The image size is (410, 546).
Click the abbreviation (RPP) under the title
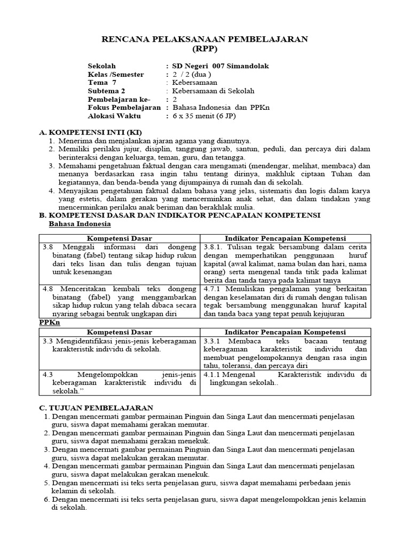(205, 49)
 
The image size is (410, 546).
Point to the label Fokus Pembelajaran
(124, 108)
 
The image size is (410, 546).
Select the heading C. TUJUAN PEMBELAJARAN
(97, 407)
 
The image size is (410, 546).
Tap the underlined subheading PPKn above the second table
(50, 323)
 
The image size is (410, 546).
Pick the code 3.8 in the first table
(48, 247)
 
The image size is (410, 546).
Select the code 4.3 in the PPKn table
(48, 374)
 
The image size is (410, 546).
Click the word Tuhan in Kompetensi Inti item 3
(334, 174)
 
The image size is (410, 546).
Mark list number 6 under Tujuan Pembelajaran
(46, 500)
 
